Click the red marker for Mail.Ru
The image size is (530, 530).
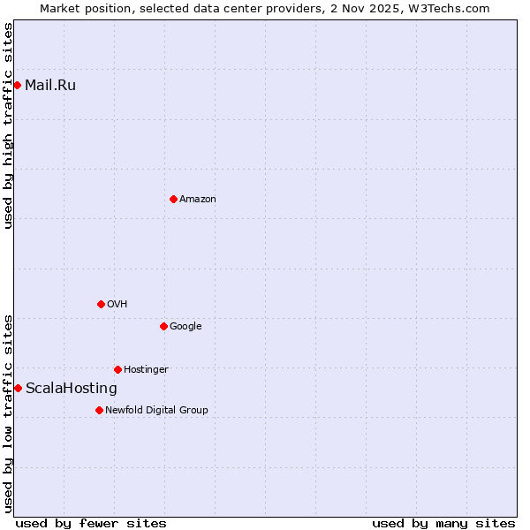tap(17, 85)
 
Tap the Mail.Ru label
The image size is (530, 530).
tap(50, 86)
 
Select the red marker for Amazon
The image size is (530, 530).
tap(173, 199)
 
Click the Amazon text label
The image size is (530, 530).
tap(198, 200)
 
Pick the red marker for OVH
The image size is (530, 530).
tap(101, 304)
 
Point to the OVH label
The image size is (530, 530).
tap(117, 305)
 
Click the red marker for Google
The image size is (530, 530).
tap(163, 326)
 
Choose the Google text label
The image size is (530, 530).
tap(185, 327)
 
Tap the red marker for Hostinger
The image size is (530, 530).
tap(117, 369)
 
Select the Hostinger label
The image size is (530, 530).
tap(146, 370)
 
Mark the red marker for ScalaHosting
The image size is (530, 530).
tap(18, 388)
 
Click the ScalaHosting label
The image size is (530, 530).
tap(72, 389)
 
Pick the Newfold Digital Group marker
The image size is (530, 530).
tap(99, 410)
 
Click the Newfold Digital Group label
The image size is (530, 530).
tap(157, 411)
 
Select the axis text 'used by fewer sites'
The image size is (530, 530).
tap(91, 523)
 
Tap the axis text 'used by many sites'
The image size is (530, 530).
tap(443, 523)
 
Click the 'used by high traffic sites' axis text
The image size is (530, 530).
tap(8, 125)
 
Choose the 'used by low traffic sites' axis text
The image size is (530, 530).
tap(8, 413)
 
